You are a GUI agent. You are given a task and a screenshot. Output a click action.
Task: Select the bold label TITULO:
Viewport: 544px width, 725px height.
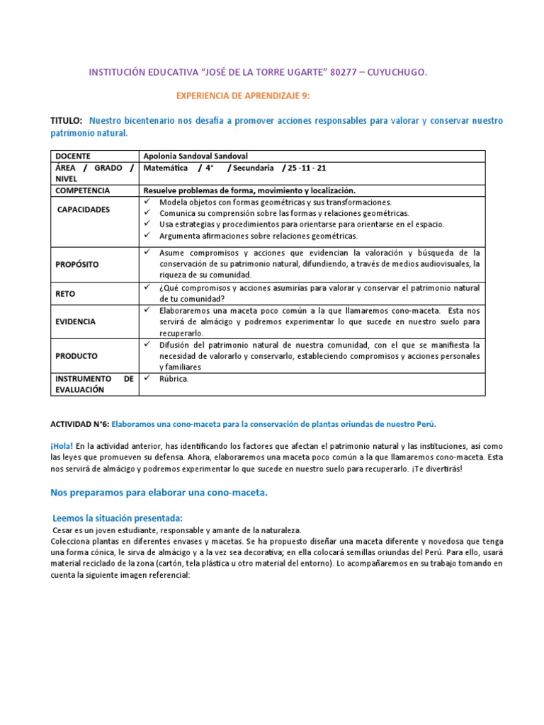click(x=67, y=121)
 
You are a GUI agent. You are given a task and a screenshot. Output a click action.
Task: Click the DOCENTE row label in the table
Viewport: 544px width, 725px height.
click(x=73, y=156)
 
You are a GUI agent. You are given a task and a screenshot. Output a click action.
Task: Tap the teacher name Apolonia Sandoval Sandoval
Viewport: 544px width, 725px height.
click(x=195, y=156)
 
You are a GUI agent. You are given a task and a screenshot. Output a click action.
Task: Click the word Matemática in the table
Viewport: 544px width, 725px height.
click(x=166, y=168)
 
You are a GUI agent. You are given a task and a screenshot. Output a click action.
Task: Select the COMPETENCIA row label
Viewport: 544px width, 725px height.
click(x=83, y=190)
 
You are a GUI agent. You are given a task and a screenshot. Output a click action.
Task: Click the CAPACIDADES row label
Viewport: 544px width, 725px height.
click(x=84, y=210)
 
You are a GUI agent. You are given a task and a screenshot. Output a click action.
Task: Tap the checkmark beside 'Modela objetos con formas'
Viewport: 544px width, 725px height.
click(x=147, y=202)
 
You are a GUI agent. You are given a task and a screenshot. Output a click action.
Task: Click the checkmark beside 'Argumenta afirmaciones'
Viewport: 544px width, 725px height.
click(x=147, y=236)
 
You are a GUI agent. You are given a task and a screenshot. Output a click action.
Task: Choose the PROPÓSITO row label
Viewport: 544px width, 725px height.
click(x=77, y=264)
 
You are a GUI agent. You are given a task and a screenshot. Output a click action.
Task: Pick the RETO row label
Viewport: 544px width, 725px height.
click(x=65, y=292)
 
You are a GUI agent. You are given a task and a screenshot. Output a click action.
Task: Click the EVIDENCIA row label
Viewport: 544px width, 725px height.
click(x=76, y=321)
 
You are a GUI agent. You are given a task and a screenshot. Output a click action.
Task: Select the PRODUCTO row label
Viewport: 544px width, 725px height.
click(x=76, y=356)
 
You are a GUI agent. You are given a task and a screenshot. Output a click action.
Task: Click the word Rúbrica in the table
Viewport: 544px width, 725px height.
click(x=174, y=379)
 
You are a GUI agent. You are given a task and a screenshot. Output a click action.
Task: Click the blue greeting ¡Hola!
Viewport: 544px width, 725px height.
click(x=62, y=447)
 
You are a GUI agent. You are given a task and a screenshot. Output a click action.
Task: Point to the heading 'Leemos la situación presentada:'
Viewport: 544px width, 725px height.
click(x=118, y=518)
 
